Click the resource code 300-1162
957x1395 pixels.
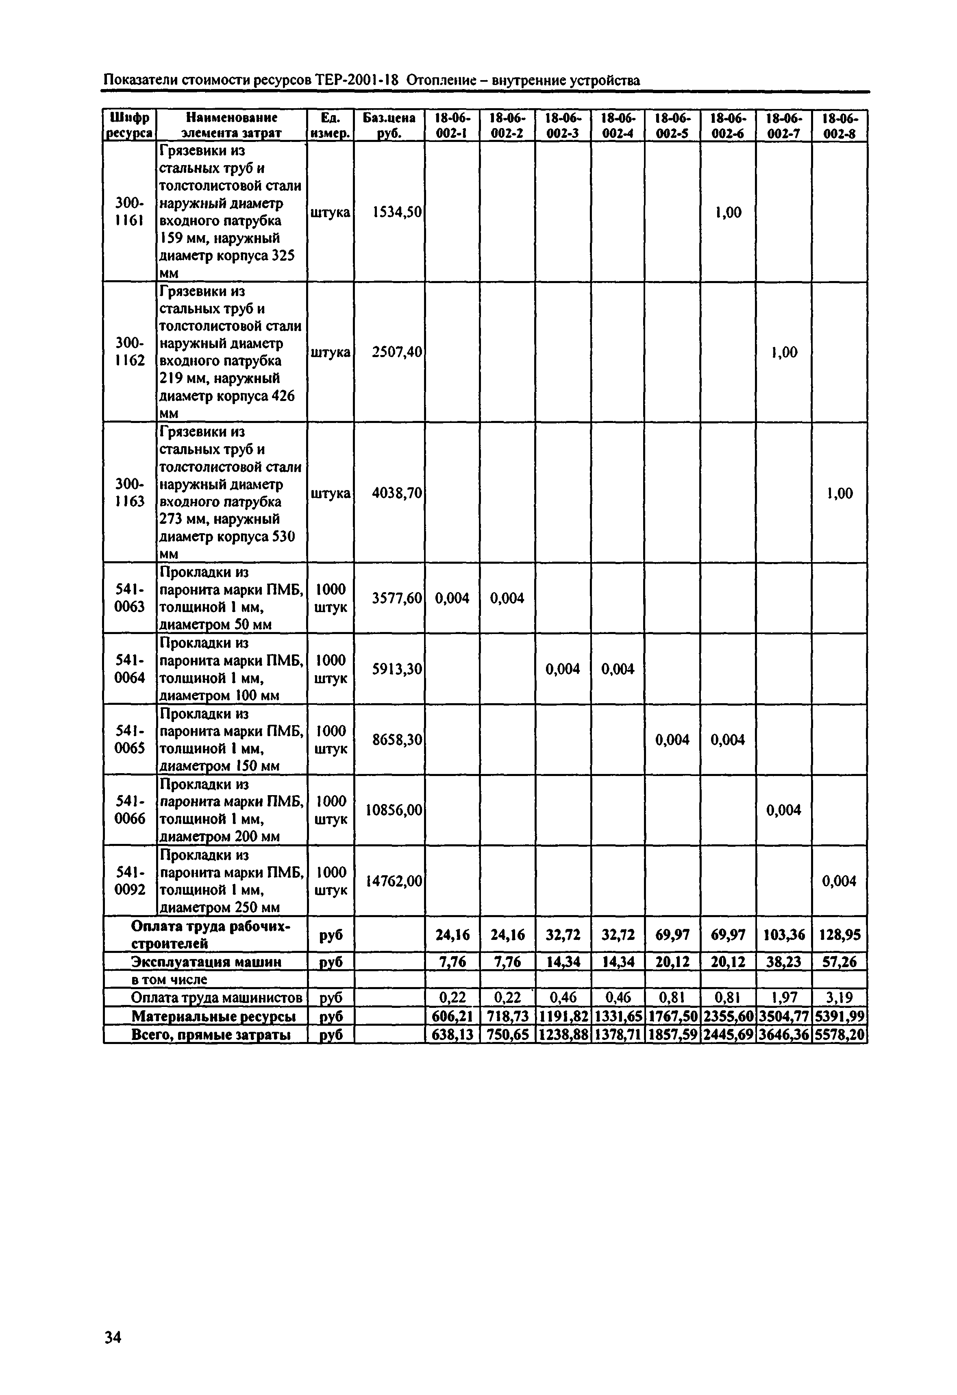point(130,352)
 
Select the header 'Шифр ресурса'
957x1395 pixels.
point(130,125)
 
